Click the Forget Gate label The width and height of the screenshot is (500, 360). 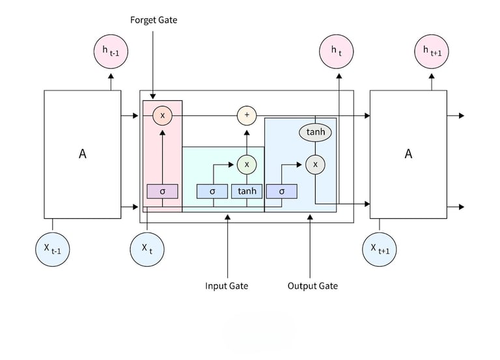click(154, 20)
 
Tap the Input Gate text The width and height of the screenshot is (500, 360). click(227, 286)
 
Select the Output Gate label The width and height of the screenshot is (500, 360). click(312, 286)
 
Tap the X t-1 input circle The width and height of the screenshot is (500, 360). click(52, 248)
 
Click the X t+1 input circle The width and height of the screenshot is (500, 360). click(380, 248)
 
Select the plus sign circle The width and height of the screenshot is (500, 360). click(247, 116)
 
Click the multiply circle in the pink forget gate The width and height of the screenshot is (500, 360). click(162, 116)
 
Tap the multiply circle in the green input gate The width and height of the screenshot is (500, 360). click(247, 165)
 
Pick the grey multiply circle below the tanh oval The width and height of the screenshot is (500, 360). click(315, 165)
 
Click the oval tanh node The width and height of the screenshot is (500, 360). click(315, 133)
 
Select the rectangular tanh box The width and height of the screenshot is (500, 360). click(247, 191)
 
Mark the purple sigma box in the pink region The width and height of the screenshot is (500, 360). click(162, 191)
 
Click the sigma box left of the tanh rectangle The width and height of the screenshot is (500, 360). click(213, 191)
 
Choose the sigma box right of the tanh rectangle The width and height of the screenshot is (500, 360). click(281, 191)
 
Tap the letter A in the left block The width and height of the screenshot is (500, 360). click(83, 154)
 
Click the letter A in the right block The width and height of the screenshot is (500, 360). click(408, 154)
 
